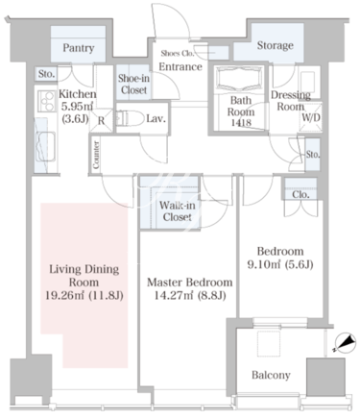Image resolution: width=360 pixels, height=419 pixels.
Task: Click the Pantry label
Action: pos(78,48)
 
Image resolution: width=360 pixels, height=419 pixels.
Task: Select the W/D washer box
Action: pos(311,117)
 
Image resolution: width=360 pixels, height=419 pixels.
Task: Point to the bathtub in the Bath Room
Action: pos(240,80)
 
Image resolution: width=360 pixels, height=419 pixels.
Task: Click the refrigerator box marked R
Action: pos(101,120)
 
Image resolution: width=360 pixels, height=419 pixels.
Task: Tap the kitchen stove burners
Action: pos(46,101)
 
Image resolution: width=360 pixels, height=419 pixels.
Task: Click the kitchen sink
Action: pos(45,146)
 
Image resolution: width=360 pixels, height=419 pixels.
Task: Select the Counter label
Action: pos(96,155)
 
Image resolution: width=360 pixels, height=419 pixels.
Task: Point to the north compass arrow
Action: pos(345,343)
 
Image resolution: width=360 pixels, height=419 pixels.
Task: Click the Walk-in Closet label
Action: pos(177,211)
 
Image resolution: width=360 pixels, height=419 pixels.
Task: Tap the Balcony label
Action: pos(271,375)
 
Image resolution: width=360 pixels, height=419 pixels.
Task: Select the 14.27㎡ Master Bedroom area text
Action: pos(190,295)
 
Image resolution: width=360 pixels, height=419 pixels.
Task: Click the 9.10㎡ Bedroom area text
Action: pos(280,264)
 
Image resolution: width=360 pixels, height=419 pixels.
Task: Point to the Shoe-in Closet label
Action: pos(133,85)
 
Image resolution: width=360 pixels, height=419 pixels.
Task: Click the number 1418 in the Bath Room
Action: pos(241,122)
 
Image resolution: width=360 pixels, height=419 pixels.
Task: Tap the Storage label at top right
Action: pos(276,45)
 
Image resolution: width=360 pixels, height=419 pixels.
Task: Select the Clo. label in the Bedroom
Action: pos(300,194)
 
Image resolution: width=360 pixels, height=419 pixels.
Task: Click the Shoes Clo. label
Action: pos(178,53)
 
